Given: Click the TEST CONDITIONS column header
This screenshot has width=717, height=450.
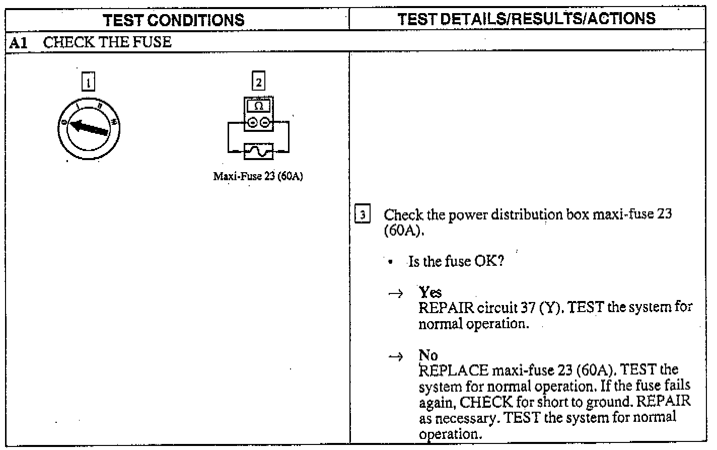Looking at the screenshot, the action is pyautogui.click(x=173, y=20).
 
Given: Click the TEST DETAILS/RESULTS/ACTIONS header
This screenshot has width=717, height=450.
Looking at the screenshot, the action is pyautogui.click(x=526, y=19).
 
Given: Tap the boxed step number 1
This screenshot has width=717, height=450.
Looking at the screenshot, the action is pyautogui.click(x=88, y=82).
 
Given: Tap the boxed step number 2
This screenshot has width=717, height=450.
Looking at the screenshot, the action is pyautogui.click(x=258, y=82).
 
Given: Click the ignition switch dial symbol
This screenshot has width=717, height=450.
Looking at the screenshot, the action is pyautogui.click(x=89, y=128).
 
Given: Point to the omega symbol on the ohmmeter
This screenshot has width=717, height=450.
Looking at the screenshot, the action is pyautogui.click(x=258, y=106).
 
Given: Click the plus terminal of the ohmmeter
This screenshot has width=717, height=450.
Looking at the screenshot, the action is pyautogui.click(x=253, y=122).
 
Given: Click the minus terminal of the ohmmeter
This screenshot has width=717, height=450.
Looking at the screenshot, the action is pyautogui.click(x=265, y=122).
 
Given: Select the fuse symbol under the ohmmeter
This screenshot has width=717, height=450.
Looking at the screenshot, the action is pyautogui.click(x=258, y=151).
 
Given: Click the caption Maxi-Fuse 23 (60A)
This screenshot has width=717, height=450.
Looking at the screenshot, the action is pyautogui.click(x=258, y=177).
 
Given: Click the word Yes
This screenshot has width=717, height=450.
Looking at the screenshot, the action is pyautogui.click(x=430, y=292).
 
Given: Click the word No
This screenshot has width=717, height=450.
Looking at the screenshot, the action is pyautogui.click(x=428, y=355).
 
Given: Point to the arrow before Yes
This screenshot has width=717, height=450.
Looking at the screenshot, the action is pyautogui.click(x=396, y=293).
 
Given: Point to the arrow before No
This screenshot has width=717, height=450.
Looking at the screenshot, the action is pyautogui.click(x=396, y=357).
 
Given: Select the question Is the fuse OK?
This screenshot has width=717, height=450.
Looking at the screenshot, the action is pyautogui.click(x=456, y=261).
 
